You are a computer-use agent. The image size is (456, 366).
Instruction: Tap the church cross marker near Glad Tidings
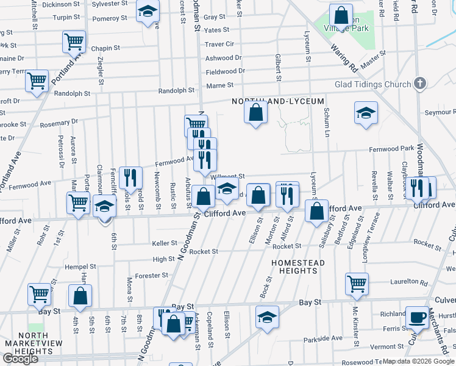tap(420, 84)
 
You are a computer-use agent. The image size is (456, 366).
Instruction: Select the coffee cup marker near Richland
tap(417, 317)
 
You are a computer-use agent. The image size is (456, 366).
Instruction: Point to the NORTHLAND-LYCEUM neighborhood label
tap(268, 102)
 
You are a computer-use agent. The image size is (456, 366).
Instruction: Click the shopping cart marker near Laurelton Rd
tap(357, 283)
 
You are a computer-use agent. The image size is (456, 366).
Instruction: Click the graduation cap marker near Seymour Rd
tap(365, 113)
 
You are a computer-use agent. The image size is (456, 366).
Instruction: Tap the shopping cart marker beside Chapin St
tap(74, 42)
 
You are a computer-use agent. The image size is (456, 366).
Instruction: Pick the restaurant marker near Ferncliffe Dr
tap(130, 178)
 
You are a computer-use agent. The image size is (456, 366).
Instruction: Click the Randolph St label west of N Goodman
tap(73, 94)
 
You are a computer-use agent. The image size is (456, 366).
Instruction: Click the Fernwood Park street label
tap(391, 149)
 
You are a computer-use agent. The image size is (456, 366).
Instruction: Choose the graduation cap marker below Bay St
tap(267, 317)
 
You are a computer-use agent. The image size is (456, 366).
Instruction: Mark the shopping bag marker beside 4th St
tap(80, 297)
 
